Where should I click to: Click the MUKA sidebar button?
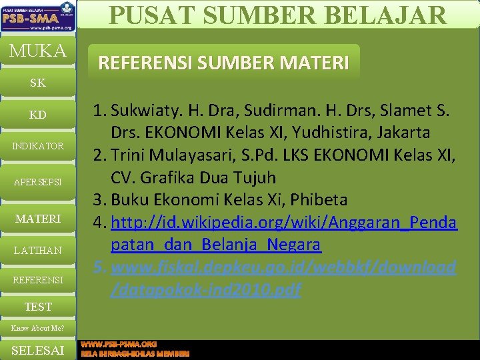(38, 51)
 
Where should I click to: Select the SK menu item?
(38, 83)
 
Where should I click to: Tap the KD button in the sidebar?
(38, 115)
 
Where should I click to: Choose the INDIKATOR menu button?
(38, 146)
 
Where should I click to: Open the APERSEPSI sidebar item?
(38, 181)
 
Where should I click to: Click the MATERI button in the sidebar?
(38, 219)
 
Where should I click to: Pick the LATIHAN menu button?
(38, 250)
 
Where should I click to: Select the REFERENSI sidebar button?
(38, 280)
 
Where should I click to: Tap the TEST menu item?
(38, 307)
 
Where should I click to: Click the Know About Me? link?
(38, 328)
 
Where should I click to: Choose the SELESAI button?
(38, 350)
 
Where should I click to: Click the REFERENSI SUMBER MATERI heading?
(223, 63)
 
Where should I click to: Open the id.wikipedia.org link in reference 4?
(283, 223)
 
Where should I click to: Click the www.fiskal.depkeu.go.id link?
(283, 268)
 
